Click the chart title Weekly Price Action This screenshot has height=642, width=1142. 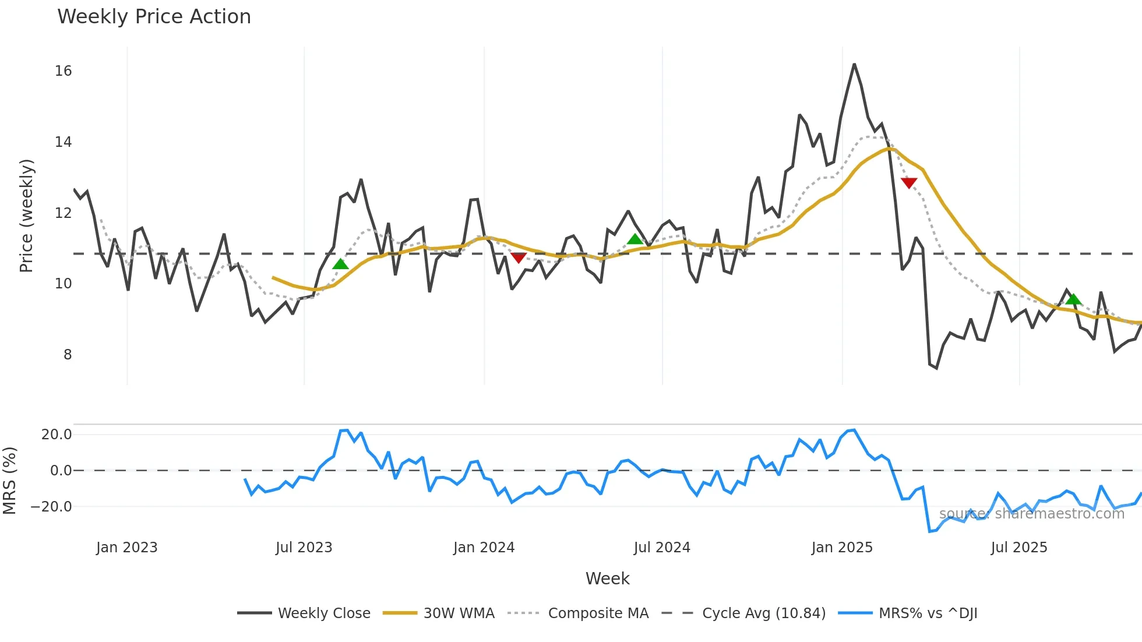point(154,17)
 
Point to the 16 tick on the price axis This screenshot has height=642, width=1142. point(63,71)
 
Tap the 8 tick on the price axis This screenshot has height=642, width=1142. point(68,355)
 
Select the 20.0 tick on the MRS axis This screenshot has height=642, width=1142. point(57,435)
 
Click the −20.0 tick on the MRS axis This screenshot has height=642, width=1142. point(51,507)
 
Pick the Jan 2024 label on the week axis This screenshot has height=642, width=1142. point(484,548)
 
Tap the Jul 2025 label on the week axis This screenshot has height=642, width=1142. point(1018,548)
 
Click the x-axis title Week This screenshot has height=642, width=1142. point(607,578)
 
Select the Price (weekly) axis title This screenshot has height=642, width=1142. point(27,216)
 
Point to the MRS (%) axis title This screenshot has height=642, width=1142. point(10,481)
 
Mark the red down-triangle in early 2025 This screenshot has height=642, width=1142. point(909,183)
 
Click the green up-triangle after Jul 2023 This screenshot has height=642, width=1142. point(340,264)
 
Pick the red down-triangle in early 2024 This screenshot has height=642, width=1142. point(519,257)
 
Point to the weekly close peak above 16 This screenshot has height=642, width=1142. point(854,65)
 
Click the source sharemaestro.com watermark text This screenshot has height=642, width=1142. point(1031,514)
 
